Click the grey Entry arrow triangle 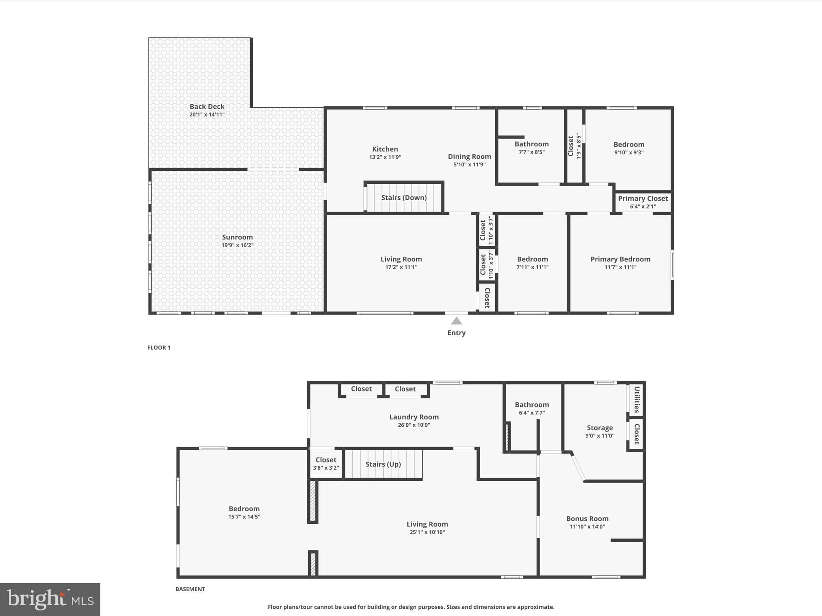pyautogui.click(x=456, y=321)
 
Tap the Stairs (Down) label pyautogui.click(x=403, y=197)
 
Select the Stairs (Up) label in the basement pyautogui.click(x=383, y=464)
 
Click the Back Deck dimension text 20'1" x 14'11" pyautogui.click(x=207, y=115)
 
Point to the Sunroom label pyautogui.click(x=237, y=237)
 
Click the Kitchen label pyautogui.click(x=385, y=149)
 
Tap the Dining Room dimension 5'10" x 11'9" pyautogui.click(x=469, y=164)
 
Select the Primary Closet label pyautogui.click(x=643, y=199)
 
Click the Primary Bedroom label pyautogui.click(x=620, y=259)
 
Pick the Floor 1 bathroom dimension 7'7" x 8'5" pyautogui.click(x=531, y=152)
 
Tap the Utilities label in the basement pyautogui.click(x=637, y=399)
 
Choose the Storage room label pyautogui.click(x=600, y=428)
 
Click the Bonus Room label pyautogui.click(x=587, y=519)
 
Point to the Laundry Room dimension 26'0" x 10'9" pyautogui.click(x=414, y=425)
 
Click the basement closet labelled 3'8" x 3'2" pyautogui.click(x=326, y=464)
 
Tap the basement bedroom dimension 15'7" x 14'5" pyautogui.click(x=244, y=517)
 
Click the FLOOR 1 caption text pyautogui.click(x=159, y=348)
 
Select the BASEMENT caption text pyautogui.click(x=190, y=589)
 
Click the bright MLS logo pyautogui.click(x=50, y=599)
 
